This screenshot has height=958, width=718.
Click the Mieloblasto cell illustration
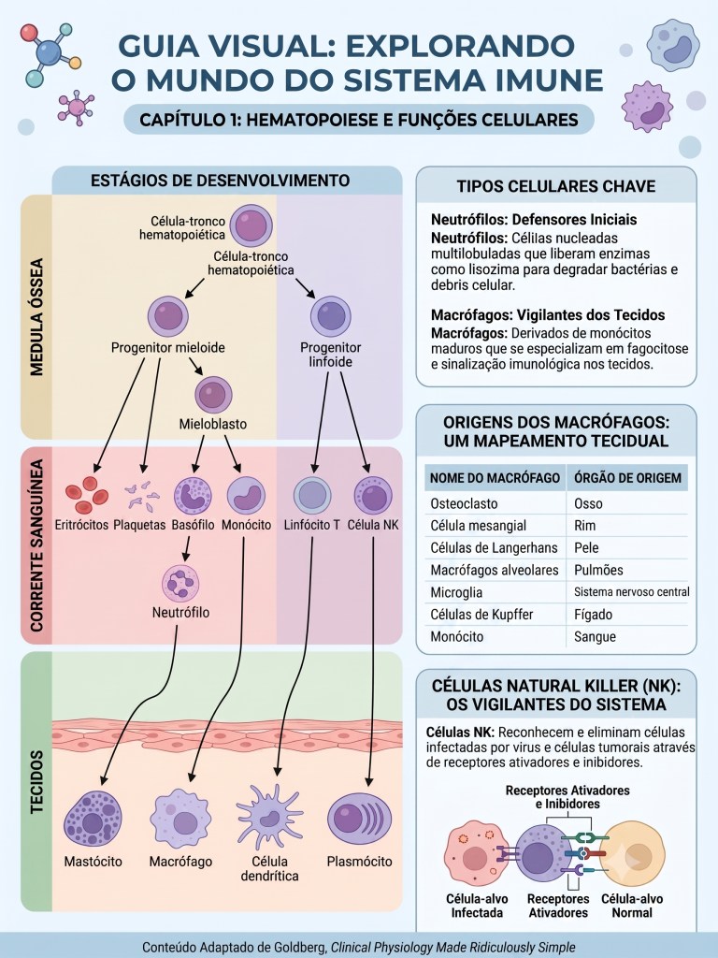click(214, 395)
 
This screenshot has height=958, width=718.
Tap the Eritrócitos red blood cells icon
click(87, 495)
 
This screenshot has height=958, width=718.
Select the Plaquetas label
click(140, 525)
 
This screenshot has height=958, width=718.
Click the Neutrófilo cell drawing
click(180, 584)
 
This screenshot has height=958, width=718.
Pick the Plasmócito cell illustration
click(360, 819)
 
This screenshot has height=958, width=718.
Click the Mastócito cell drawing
click(93, 819)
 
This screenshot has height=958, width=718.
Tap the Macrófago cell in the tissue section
click(180, 819)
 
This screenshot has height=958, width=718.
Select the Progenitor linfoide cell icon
click(331, 316)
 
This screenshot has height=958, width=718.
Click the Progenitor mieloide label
click(168, 348)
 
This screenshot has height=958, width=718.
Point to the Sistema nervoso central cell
click(631, 592)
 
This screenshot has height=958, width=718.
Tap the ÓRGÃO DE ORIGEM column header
click(627, 478)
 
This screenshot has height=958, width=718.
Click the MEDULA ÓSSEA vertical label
click(36, 317)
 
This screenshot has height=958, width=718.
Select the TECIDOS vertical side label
click(36, 782)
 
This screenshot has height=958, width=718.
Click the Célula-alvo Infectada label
click(477, 906)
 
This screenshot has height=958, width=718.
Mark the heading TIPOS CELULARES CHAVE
click(555, 186)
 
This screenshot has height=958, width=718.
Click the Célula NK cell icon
click(373, 495)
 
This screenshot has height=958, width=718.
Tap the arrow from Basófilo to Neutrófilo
click(187, 548)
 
